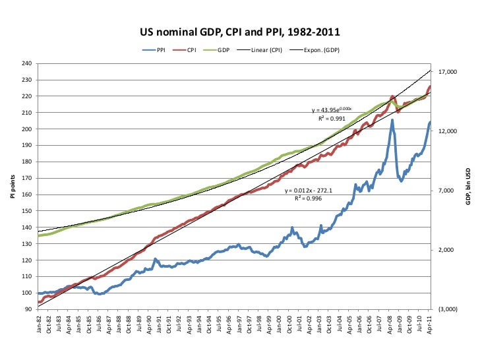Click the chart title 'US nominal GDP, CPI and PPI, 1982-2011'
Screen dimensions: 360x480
(x=239, y=31)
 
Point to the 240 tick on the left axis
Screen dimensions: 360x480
(x=27, y=64)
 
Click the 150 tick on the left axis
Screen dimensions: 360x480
(x=27, y=211)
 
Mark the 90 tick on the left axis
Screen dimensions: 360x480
(x=29, y=309)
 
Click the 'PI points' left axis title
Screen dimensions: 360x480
(x=11, y=187)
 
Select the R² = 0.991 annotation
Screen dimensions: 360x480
(x=331, y=119)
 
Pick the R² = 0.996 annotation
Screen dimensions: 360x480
(x=308, y=198)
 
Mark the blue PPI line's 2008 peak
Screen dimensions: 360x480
(x=392, y=120)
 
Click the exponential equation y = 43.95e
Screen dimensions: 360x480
(x=332, y=110)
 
